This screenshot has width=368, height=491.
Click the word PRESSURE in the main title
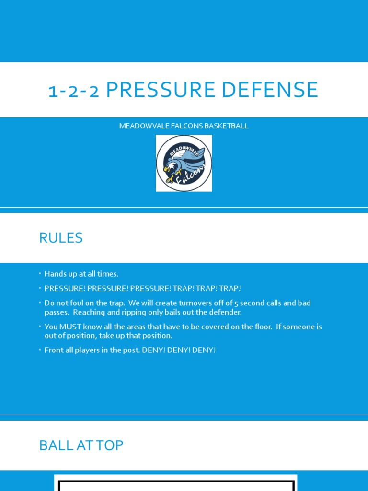pos(154,90)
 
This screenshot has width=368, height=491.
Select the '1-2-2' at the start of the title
pos(74,90)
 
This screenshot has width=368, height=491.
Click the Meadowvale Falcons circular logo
pos(184,163)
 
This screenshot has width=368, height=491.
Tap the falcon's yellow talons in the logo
pos(170,178)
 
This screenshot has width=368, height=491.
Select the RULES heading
pos(61,238)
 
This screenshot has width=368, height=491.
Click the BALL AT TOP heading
pos(81,445)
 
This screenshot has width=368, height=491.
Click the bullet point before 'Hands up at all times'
pos(40,274)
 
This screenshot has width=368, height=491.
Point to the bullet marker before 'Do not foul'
pos(40,303)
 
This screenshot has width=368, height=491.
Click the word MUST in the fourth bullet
pos(69,327)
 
